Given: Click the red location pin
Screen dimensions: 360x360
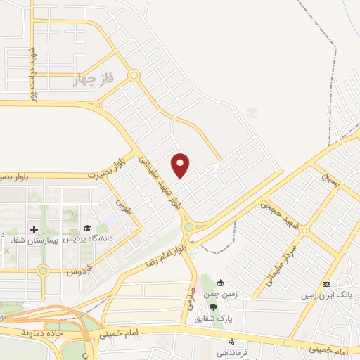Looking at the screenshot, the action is pos(181,165).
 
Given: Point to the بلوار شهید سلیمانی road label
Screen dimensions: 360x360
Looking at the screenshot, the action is pos(162,184).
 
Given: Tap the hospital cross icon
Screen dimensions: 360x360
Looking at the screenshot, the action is pos(32,229).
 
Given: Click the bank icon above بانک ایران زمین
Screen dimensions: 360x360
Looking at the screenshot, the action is pos(326,283).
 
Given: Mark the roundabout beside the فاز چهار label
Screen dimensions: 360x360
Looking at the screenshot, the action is pos(134,75).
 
